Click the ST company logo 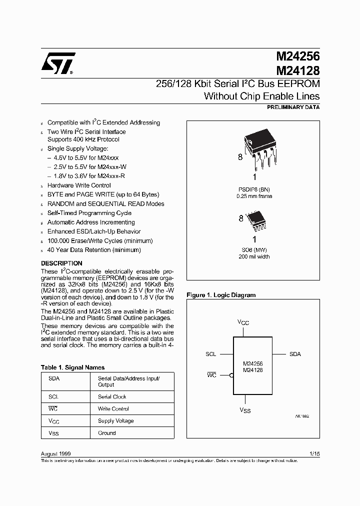[58, 63]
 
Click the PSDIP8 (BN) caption [253, 189]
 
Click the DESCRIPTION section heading [61, 263]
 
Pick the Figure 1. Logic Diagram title [220, 295]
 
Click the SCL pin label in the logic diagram [211, 354]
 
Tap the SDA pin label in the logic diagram [295, 354]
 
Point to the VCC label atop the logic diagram [243, 323]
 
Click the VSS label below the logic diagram [244, 410]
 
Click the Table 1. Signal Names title [72, 367]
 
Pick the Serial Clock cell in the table [112, 396]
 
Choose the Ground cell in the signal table [106, 433]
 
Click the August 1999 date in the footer [55, 453]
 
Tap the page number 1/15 [314, 453]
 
